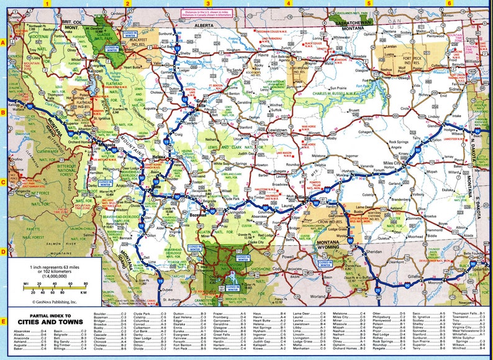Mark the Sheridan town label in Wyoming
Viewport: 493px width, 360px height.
tap(374, 253)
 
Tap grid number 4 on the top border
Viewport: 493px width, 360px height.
tap(287, 3)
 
